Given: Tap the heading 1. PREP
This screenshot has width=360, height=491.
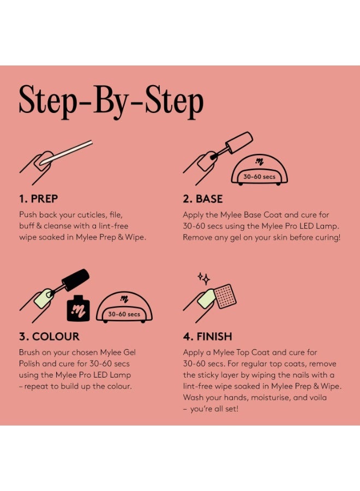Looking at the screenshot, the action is coord(39,199).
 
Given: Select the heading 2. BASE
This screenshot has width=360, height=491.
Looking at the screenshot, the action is coord(203,199).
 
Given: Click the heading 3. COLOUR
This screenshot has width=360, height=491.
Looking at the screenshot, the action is coord(49,336).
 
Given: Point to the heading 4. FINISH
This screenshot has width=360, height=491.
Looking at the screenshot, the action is coord(208,336).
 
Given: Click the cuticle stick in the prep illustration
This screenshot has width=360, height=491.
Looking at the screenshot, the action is coord(67,152).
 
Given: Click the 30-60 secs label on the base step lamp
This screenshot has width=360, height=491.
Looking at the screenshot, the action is coord(259,177).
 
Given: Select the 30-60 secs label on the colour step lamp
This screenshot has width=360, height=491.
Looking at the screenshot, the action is coord(124,314).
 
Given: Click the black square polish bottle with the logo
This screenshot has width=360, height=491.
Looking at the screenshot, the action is coord(78,308).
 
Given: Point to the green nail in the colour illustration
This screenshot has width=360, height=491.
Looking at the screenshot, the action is coord(44,298).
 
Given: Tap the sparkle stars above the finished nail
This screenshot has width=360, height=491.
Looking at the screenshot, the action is coord(203,278).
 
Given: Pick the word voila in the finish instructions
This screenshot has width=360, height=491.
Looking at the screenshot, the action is coord(318,398).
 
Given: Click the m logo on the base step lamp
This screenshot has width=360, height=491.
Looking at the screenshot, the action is coord(259,161).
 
